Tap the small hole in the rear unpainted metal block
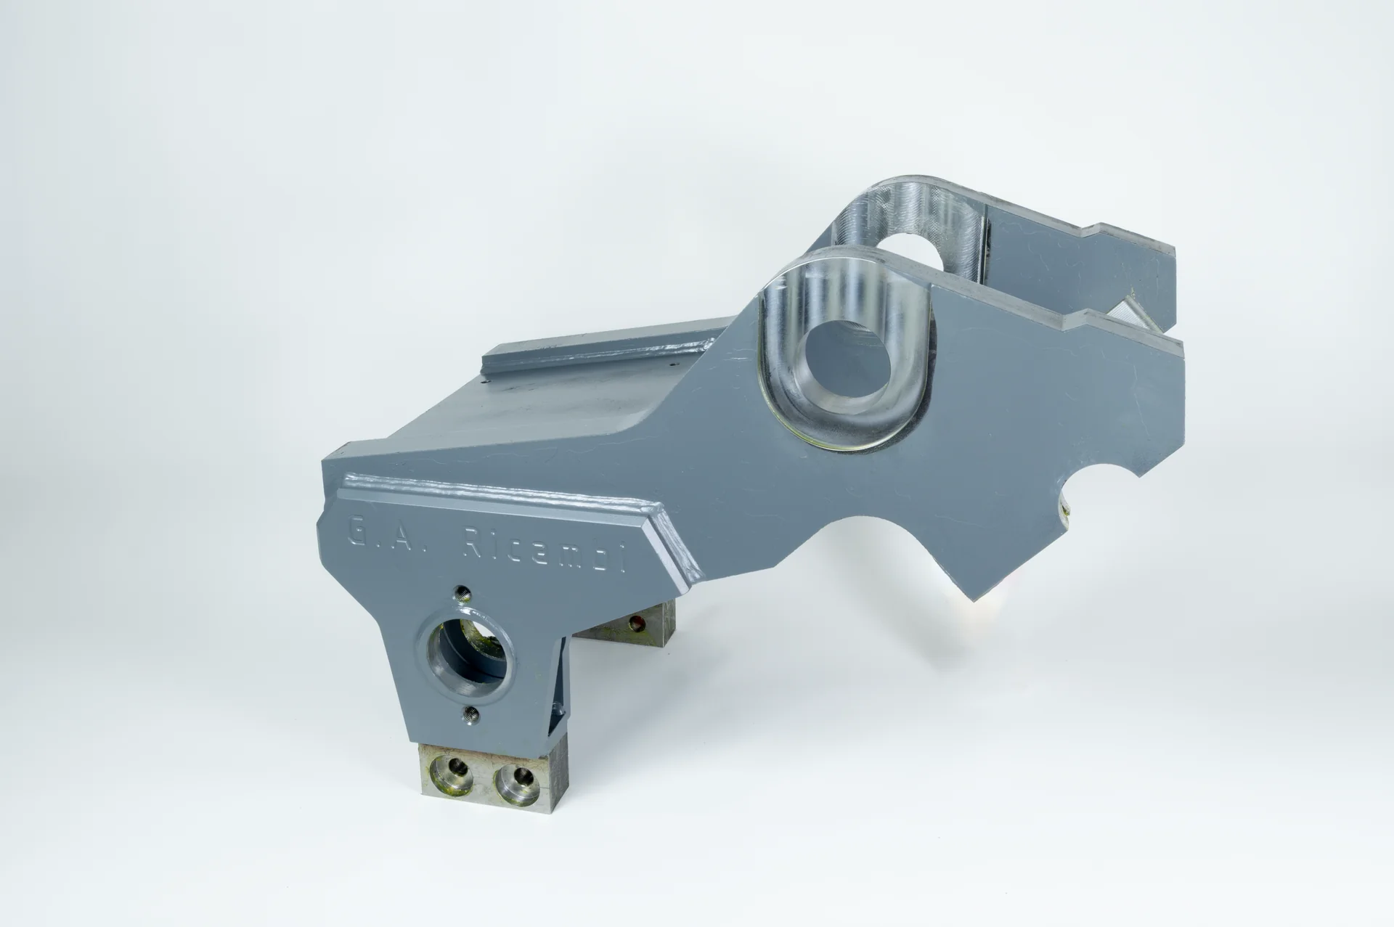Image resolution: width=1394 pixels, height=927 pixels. click(x=637, y=622)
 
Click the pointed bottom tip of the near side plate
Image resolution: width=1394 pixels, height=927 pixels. click(x=975, y=600)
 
